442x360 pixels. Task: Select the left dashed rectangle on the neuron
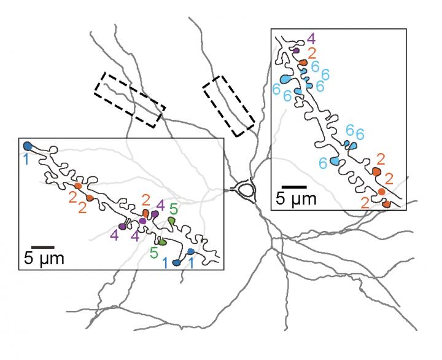[x=130, y=100]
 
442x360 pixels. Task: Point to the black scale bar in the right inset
[x=294, y=186]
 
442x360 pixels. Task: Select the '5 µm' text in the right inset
[x=296, y=198]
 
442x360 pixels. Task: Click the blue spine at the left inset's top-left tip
[x=27, y=146]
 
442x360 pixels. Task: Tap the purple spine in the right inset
[x=296, y=51]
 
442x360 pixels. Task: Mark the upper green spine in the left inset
[x=172, y=219]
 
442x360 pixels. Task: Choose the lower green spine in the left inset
[x=162, y=241]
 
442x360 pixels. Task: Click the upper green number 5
[x=174, y=208]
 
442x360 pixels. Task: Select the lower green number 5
[x=154, y=252]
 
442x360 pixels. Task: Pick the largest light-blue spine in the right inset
[x=286, y=79]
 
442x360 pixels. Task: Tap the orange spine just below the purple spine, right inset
[x=303, y=63]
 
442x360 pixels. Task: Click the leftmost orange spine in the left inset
[x=78, y=186]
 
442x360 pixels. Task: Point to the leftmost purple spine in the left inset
[x=122, y=226]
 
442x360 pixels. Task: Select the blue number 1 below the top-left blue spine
[x=26, y=158]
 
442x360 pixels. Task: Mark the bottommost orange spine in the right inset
[x=386, y=203]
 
